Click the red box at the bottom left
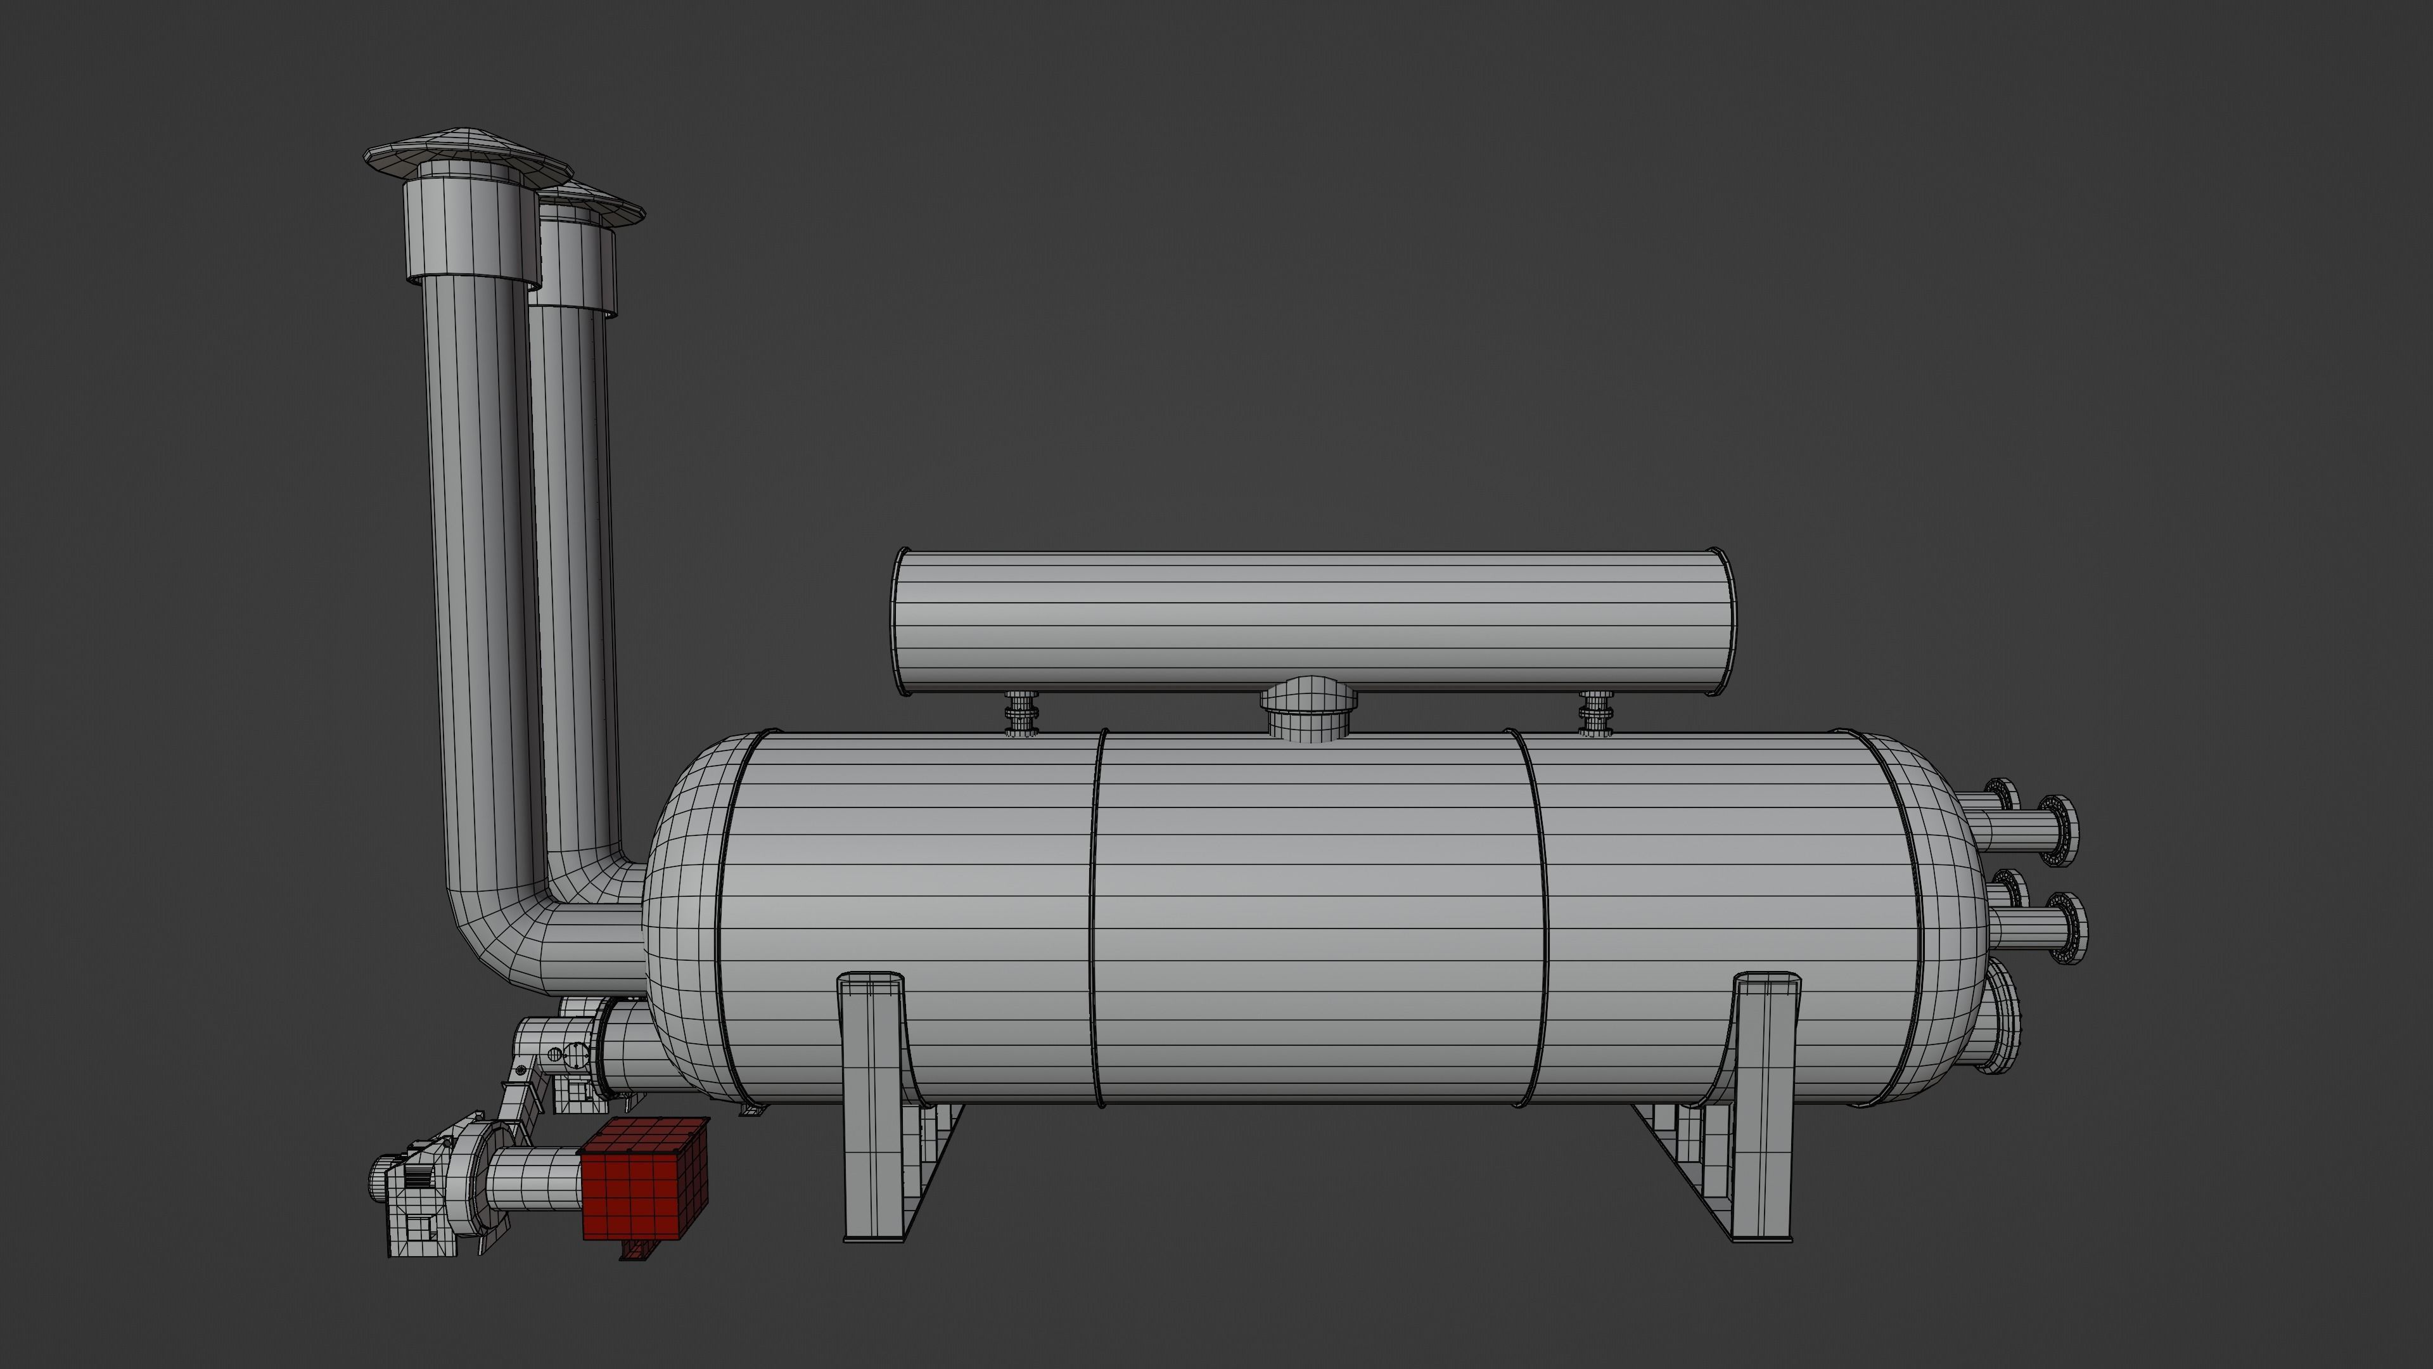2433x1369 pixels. tap(645, 1179)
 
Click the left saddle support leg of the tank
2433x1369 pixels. tap(871, 1105)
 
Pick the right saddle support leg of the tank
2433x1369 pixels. tap(1765, 1105)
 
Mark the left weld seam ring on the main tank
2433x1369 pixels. tap(1095, 916)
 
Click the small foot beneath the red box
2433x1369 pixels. tap(635, 1250)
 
